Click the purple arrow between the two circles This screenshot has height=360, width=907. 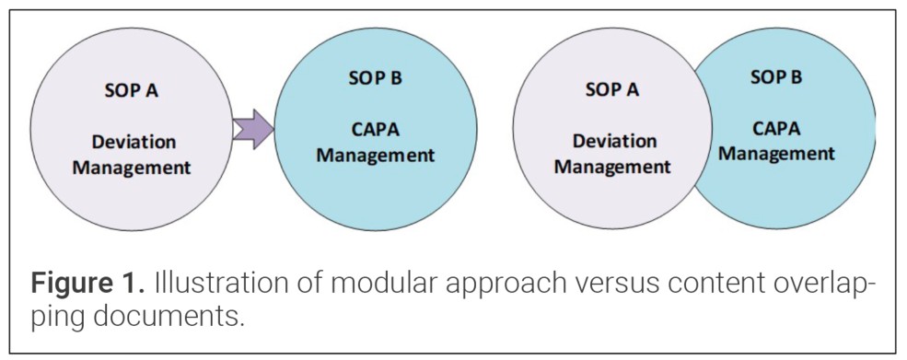(x=253, y=129)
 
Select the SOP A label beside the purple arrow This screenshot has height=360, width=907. (x=132, y=91)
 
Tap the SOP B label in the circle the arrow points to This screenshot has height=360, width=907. (x=376, y=78)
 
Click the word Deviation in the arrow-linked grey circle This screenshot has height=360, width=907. (x=134, y=143)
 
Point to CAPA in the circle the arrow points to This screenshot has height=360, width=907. (x=376, y=129)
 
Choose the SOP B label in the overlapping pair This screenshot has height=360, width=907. (x=777, y=77)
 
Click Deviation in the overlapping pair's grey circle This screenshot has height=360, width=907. (x=614, y=141)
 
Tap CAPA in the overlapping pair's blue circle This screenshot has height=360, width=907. (x=777, y=128)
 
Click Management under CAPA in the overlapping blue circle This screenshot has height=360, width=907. (x=777, y=154)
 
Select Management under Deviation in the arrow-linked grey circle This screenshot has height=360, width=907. (x=132, y=168)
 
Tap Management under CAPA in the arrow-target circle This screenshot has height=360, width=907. (x=376, y=155)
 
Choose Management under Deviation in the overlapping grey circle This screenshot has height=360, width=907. (x=612, y=168)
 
